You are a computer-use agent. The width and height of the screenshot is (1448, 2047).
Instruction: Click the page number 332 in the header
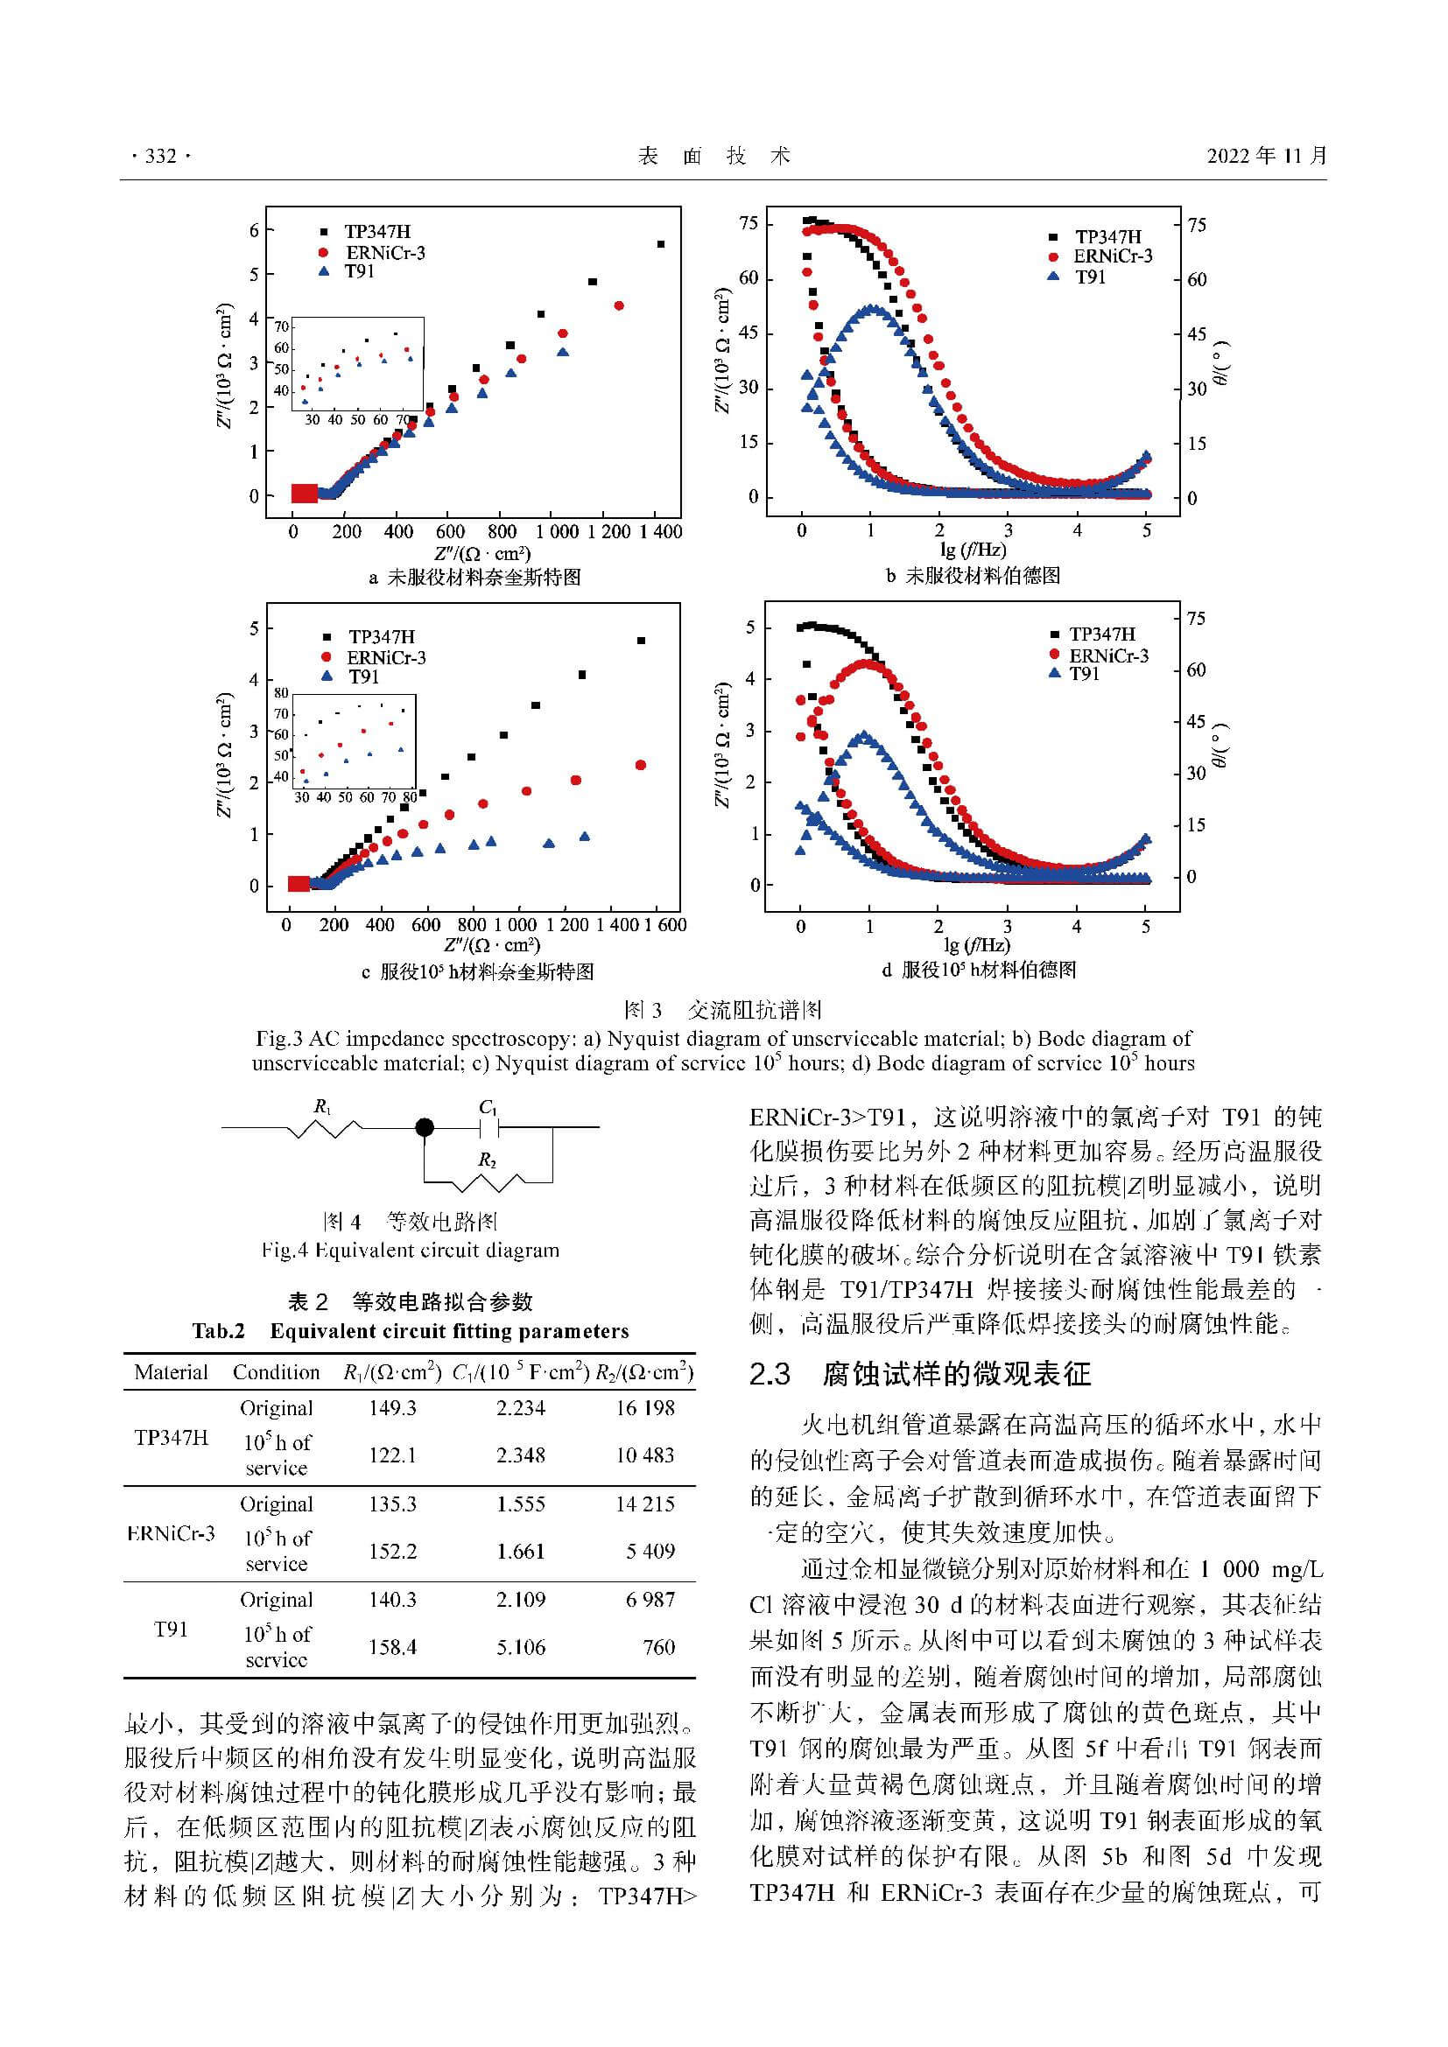coord(160,157)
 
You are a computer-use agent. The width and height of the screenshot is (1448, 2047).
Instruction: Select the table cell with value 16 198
coord(644,1408)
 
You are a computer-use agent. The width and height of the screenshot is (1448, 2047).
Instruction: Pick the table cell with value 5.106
coord(521,1647)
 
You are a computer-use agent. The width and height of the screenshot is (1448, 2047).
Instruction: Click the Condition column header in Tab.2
coord(276,1372)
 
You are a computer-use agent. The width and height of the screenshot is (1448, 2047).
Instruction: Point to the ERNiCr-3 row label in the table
coord(171,1533)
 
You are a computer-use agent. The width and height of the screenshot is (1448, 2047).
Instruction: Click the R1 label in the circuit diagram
coord(323,1106)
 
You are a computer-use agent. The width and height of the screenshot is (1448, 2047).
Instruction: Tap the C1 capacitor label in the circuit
coord(487,1106)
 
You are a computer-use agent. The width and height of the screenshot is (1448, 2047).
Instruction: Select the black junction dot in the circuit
coord(425,1128)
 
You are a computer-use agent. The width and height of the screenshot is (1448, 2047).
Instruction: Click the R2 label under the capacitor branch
coord(487,1160)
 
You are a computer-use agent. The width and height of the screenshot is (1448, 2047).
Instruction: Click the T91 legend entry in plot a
coord(359,271)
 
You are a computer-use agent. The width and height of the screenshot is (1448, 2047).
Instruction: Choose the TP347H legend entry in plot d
coord(1102,634)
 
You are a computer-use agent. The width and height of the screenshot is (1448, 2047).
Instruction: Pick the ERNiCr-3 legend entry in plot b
coord(1112,256)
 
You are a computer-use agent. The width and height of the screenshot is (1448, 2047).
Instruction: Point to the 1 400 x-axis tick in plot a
coord(660,532)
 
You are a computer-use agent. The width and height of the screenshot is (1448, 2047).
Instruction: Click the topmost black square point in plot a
coord(661,244)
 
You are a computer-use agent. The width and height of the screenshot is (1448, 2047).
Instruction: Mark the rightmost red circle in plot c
coord(640,765)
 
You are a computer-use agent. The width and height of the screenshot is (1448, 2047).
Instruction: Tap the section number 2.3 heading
coord(770,1374)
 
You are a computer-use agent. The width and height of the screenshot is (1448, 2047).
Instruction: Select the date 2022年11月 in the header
coord(1267,157)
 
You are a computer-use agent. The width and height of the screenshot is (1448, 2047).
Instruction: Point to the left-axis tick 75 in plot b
coord(749,224)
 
